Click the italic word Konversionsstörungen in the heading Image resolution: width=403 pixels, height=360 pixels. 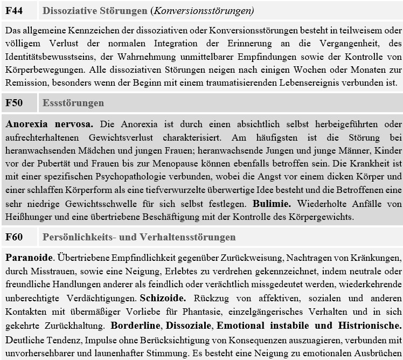coord(212,11)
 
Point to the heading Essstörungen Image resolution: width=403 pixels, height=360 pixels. coord(73,103)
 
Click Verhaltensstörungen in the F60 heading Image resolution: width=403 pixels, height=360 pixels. coord(189,237)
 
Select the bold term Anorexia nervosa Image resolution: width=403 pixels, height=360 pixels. coord(50,124)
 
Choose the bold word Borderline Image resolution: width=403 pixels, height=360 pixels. coord(135,326)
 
